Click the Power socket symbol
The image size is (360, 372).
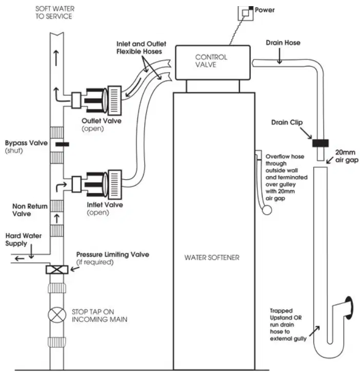[x=246, y=13]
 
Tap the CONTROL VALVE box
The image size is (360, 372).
[x=213, y=63]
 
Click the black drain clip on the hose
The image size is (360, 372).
[x=321, y=143]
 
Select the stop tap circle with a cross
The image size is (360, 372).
[x=57, y=315]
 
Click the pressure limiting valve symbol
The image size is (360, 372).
[x=57, y=270]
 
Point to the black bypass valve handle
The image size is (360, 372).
[x=62, y=144]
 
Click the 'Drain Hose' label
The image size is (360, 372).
[x=283, y=43]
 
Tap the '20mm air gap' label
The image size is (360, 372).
[x=347, y=156]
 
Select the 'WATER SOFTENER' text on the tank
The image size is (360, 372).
[x=212, y=257]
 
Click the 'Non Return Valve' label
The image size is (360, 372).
[x=30, y=210]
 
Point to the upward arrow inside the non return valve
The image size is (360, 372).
[x=57, y=218]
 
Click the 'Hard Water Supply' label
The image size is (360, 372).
[x=23, y=240]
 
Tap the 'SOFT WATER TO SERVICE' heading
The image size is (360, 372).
[x=55, y=13]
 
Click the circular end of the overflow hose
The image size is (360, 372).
[x=267, y=210]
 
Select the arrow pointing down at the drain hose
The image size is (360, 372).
[x=279, y=56]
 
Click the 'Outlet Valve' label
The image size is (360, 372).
[x=102, y=121]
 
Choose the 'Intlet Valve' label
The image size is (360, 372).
[x=105, y=205]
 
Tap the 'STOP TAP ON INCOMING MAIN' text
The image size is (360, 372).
[x=99, y=316]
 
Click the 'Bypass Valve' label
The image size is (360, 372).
[x=26, y=143]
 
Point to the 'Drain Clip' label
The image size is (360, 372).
[x=287, y=122]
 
